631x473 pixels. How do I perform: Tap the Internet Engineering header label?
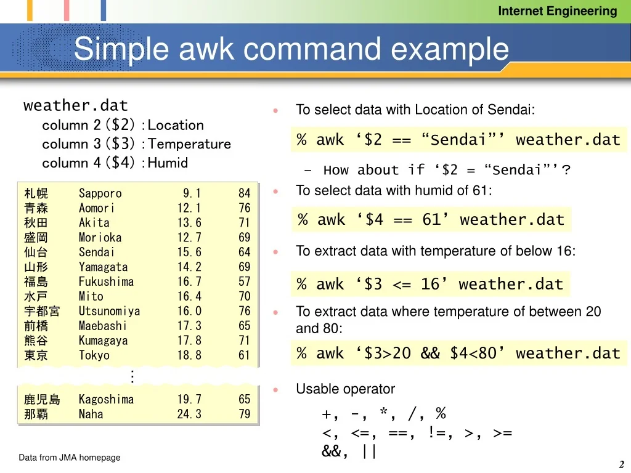pyautogui.click(x=557, y=11)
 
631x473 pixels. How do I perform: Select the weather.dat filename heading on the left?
pyautogui.click(x=76, y=105)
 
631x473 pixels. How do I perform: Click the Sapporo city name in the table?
pyautogui.click(x=100, y=193)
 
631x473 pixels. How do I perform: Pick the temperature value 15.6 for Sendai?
pyautogui.click(x=189, y=253)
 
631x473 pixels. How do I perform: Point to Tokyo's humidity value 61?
pyautogui.click(x=245, y=355)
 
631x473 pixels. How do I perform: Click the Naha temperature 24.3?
pyautogui.click(x=189, y=414)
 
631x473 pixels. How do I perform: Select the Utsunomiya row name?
pyautogui.click(x=110, y=312)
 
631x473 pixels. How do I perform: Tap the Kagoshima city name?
pyautogui.click(x=106, y=400)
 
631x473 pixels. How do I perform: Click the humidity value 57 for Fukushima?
pyautogui.click(x=245, y=282)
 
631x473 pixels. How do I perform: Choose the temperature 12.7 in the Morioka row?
pyautogui.click(x=189, y=238)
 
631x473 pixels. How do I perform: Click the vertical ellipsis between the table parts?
pyautogui.click(x=132, y=376)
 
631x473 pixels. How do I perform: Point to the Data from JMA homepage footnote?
pyautogui.click(x=70, y=458)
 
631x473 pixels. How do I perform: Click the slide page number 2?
pyautogui.click(x=622, y=465)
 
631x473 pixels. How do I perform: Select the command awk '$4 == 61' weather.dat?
pyautogui.click(x=431, y=220)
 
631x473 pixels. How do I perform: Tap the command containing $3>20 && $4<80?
pyautogui.click(x=458, y=354)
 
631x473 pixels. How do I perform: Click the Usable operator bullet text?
pyautogui.click(x=345, y=389)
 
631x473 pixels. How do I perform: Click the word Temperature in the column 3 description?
pyautogui.click(x=190, y=144)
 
